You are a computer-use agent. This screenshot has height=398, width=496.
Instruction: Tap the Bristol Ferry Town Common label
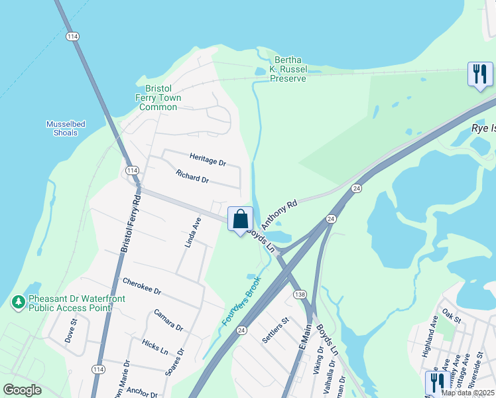158,98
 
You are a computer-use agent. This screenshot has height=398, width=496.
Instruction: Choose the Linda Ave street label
192,232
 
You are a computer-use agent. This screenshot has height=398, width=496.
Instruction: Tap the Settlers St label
275,329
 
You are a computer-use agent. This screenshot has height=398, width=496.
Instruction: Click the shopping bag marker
240,219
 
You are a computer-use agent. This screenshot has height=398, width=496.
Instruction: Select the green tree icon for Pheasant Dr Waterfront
18,302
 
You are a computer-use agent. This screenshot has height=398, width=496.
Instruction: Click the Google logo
22,389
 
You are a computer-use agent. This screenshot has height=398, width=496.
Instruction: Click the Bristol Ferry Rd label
131,222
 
